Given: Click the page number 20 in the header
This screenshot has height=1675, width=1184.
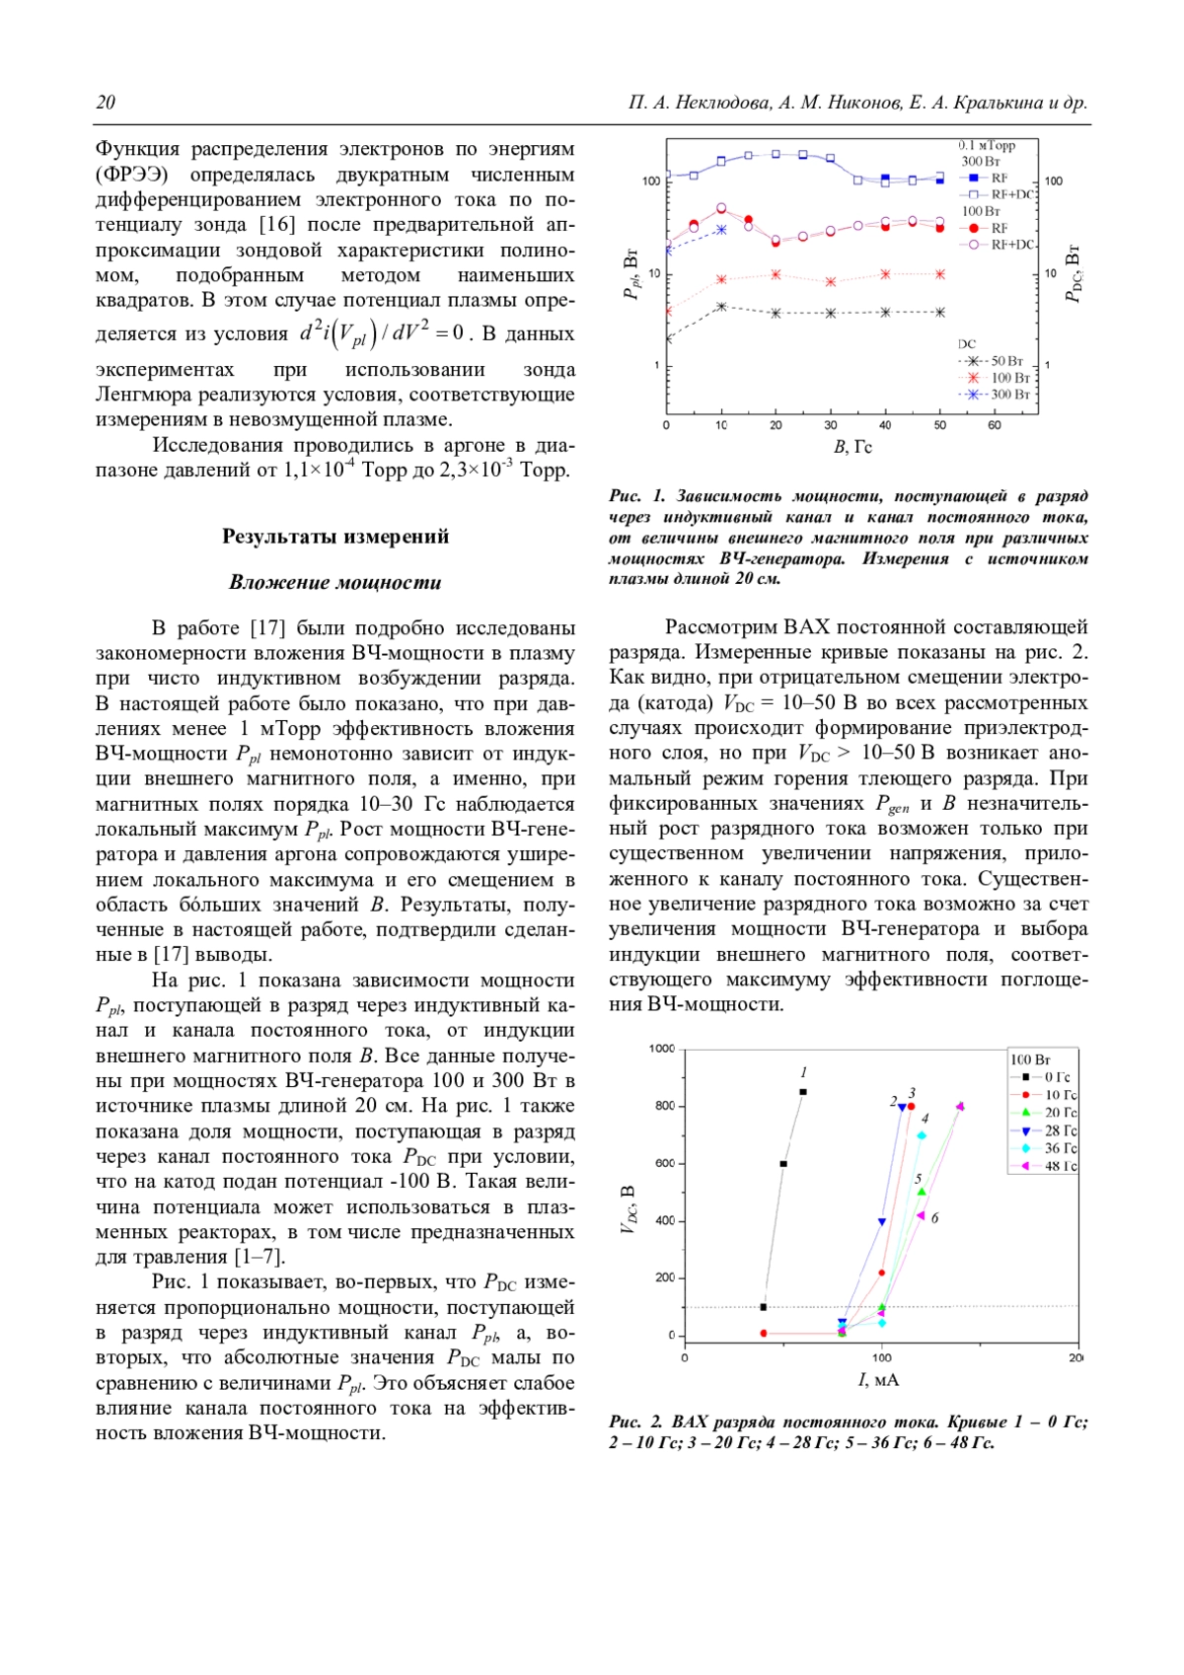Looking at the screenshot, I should pos(106,103).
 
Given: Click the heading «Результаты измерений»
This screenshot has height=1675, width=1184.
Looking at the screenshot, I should pos(334,537).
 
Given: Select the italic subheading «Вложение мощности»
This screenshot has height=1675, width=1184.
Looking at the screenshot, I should pos(334,582).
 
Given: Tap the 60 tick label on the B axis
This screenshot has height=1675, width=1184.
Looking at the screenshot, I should pos(994,425).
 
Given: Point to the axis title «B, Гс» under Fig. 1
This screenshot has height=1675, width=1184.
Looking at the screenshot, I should pos(852,447).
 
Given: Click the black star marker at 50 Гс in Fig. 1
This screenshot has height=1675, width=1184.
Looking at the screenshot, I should pos(939,313).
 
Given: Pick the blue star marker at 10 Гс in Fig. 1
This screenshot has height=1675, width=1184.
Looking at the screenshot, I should pos(721,230).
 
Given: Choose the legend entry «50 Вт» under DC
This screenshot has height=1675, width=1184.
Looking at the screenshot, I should pos(1006,361).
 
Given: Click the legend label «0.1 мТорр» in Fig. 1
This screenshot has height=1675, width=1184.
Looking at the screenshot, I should pos(987,146).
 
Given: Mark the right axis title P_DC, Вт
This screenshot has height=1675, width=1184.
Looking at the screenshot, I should pos(1074,273).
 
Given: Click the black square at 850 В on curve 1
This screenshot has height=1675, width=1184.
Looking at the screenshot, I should pos(803,1092).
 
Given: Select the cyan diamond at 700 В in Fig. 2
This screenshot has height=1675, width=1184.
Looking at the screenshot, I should pos(922,1135).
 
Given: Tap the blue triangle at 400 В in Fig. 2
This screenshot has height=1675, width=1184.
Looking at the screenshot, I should pos(882,1222).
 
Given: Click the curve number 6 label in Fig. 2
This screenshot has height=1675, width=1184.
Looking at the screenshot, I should pos(934,1218).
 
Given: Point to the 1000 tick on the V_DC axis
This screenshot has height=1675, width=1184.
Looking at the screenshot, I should pos(662,1049).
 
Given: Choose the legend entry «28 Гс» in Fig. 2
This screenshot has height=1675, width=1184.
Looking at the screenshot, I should pos(1060,1130).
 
